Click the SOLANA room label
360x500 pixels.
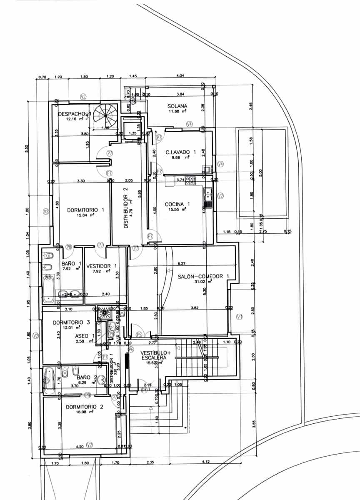pos(177,106)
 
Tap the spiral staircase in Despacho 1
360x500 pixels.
pos(106,115)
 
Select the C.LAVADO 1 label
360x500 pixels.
pos(180,152)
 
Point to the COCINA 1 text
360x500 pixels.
pos(177,204)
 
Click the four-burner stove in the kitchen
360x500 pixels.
pos(190,180)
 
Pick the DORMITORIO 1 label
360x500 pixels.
pos(85,210)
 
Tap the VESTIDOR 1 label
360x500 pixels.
pos(101,266)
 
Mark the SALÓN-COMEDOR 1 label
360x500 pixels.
pos(204,276)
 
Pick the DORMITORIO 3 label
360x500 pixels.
pos(71,322)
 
